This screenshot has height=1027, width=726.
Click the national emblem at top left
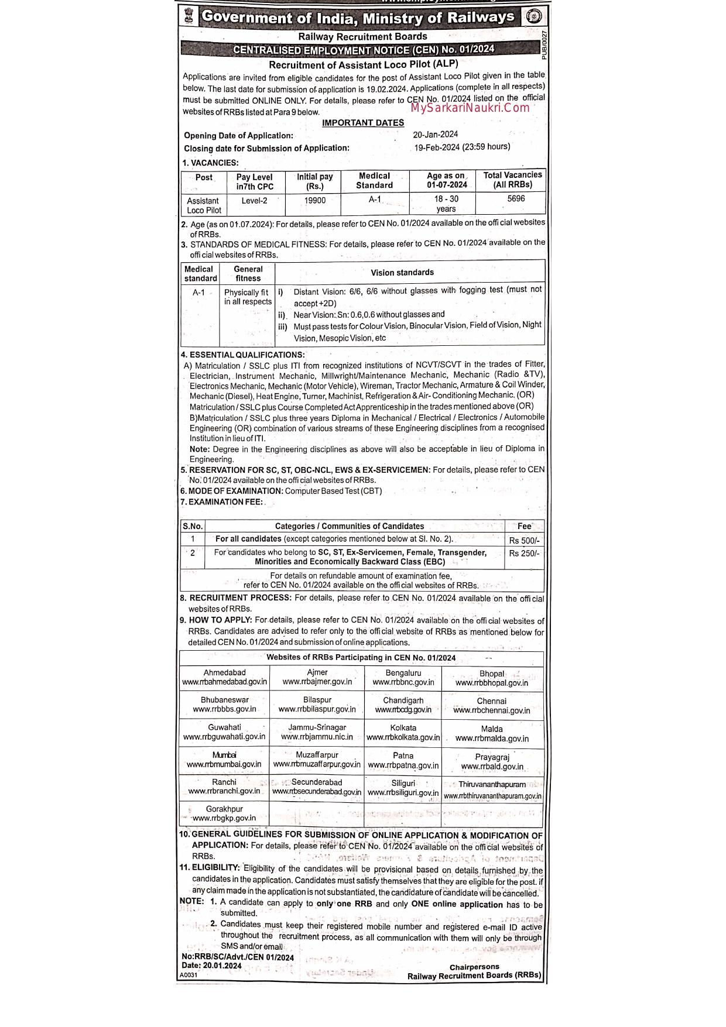point(188,16)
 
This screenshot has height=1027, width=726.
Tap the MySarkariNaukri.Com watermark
point(470,108)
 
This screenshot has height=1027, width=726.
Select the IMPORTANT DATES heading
point(363,123)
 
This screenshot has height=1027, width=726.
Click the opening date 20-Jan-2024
point(436,134)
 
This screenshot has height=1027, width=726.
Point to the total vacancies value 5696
point(516,198)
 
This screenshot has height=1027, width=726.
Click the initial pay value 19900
point(315,200)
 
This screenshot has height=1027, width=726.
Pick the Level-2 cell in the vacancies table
point(254,200)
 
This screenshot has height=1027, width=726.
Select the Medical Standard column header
point(374,180)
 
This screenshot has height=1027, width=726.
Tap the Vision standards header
point(402,273)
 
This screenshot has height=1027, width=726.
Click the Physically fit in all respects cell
point(247,297)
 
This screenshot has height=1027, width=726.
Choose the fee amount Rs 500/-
point(524,540)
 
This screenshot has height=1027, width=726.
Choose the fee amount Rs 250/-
point(524,553)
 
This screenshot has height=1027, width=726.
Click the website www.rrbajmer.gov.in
point(317,682)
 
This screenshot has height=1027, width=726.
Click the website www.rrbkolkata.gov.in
point(403,737)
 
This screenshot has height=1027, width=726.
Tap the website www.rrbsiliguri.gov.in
point(403,793)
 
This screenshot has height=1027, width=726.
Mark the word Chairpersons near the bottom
point(474,967)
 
